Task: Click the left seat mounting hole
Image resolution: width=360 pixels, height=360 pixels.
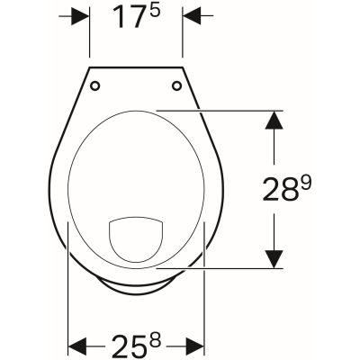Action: coord(96,86)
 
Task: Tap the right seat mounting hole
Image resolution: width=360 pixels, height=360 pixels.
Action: coord(176,86)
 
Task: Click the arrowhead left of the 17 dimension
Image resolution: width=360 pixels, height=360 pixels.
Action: coord(81,16)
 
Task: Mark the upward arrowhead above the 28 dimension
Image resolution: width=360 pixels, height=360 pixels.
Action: coord(270,121)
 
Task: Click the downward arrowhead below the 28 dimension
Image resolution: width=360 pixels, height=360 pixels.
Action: coord(270,257)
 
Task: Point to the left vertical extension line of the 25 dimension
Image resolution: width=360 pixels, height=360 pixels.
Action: coord(69,297)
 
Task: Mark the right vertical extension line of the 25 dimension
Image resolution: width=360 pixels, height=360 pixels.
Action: coord(204,297)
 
